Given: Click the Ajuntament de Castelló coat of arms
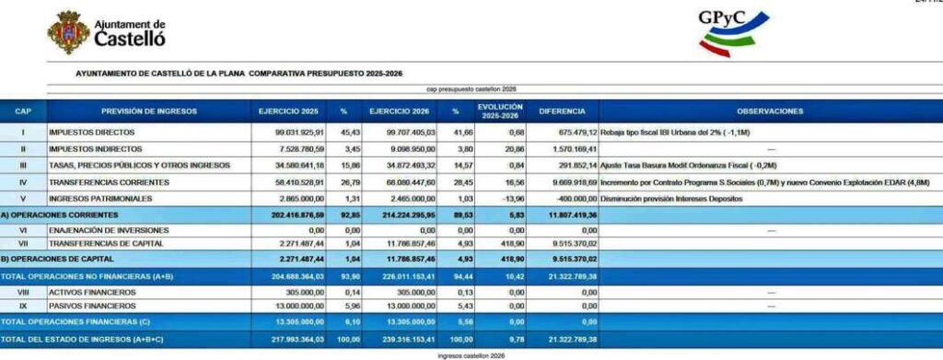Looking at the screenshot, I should [x=69, y=32].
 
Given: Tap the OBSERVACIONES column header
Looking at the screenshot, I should [x=771, y=111].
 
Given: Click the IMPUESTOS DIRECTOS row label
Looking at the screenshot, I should [x=92, y=133].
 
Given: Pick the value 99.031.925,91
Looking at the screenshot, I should [x=291, y=133].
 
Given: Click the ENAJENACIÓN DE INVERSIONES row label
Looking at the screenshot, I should [x=105, y=230].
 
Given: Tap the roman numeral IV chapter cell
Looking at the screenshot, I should [x=23, y=182].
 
